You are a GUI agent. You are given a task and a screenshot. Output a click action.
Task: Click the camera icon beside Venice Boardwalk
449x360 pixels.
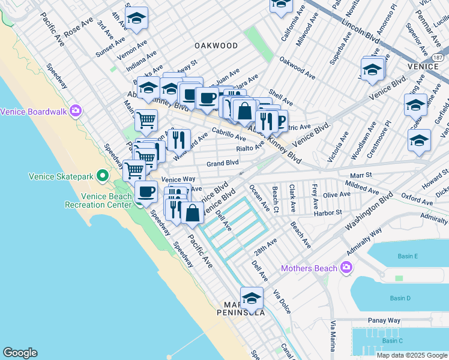click(x=75, y=110)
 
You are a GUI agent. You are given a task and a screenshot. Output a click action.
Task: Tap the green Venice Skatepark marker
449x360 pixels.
click(x=103, y=176)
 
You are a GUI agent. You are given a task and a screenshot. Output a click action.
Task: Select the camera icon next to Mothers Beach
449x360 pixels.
click(x=345, y=267)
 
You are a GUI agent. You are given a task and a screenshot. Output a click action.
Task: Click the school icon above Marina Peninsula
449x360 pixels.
click(x=252, y=298)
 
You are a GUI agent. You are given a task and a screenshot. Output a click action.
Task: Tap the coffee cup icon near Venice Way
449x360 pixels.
click(x=146, y=192)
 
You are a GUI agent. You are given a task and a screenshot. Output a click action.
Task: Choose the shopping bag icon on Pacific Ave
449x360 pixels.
click(x=191, y=214)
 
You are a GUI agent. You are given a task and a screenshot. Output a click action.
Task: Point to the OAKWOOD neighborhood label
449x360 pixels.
click(x=216, y=46)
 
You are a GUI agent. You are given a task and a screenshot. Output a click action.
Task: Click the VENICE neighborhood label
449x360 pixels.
click(x=423, y=66)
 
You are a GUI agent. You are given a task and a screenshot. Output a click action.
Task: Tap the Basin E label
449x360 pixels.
click(x=408, y=256)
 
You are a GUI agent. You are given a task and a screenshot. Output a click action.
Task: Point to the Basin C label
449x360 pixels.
click(x=392, y=341)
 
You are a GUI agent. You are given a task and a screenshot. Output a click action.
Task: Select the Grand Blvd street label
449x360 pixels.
click(x=223, y=163)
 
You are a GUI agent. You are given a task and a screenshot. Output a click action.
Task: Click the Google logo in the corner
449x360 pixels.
click(x=20, y=353)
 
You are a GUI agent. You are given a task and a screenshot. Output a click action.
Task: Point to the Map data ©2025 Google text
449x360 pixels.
click(x=412, y=355)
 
